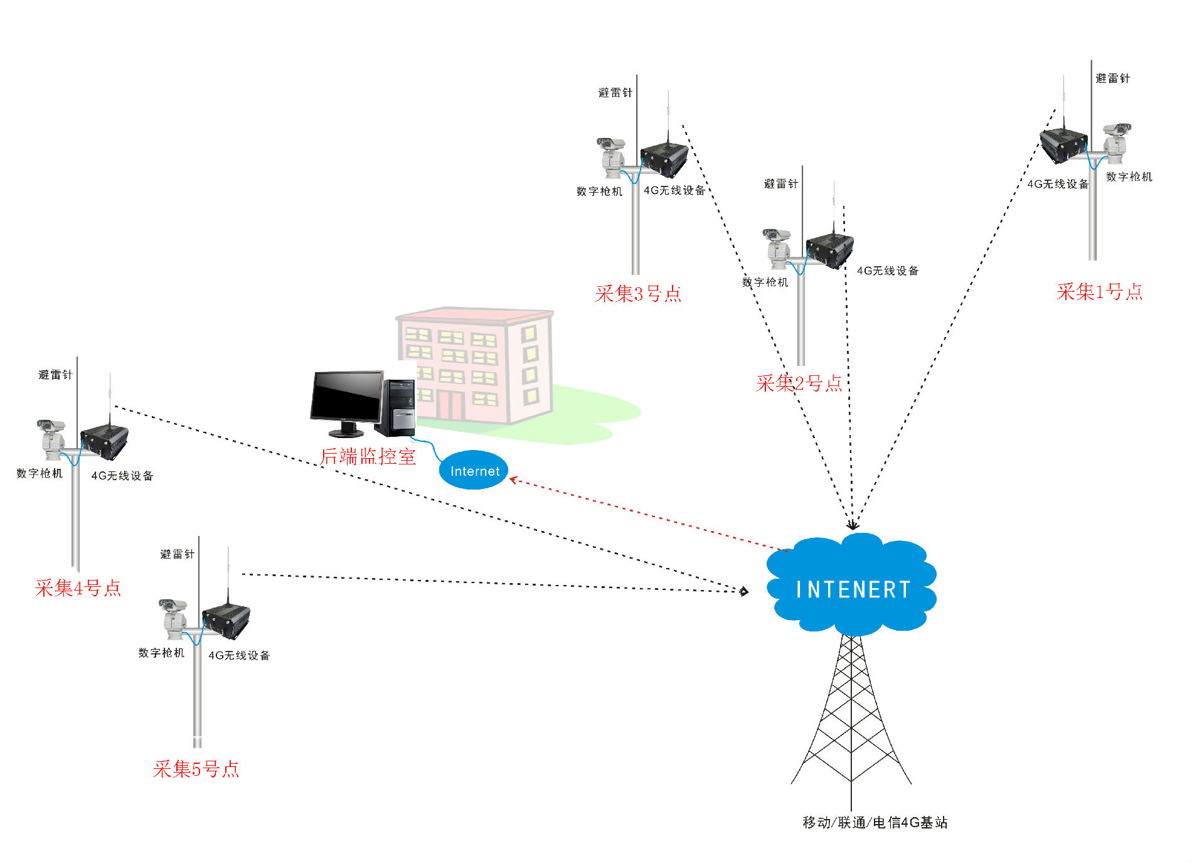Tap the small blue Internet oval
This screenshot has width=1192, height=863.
(474, 471)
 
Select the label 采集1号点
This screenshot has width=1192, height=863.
(1099, 292)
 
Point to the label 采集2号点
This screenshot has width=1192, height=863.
(799, 383)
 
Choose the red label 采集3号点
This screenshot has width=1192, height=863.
(638, 294)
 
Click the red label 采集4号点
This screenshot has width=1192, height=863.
(78, 588)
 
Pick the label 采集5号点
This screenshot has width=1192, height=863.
(196, 769)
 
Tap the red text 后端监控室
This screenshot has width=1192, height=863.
(368, 457)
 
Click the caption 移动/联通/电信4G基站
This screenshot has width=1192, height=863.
(875, 822)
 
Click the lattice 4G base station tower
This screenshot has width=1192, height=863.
(851, 716)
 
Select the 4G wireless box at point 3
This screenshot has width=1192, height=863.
(664, 159)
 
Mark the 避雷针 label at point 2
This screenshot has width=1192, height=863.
(780, 184)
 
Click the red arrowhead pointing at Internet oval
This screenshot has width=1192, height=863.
(513, 480)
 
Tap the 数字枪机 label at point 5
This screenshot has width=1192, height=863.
(161, 653)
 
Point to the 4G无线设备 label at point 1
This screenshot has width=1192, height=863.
(1057, 184)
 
